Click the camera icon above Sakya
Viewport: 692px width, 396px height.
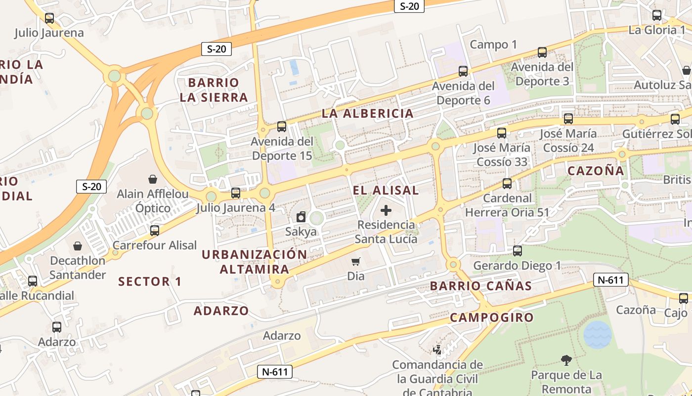click(301, 217)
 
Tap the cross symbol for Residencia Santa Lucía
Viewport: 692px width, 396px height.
click(386, 210)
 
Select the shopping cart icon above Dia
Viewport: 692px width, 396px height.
click(355, 261)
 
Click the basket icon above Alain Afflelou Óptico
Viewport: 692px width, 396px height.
click(153, 179)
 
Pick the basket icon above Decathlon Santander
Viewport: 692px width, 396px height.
click(78, 246)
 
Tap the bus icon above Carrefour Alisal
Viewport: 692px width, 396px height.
click(155, 230)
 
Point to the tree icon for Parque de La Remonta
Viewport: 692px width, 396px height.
click(566, 360)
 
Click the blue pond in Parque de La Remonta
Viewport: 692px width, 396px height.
click(597, 335)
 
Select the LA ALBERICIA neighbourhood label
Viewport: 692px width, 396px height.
click(367, 113)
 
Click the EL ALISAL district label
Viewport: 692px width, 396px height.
click(386, 190)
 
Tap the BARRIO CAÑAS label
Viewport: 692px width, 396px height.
click(480, 286)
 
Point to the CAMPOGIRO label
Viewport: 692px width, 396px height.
click(492, 317)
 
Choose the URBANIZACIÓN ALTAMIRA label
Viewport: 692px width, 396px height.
click(255, 262)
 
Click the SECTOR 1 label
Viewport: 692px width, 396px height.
click(150, 282)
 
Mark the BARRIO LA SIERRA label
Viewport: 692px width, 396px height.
click(214, 90)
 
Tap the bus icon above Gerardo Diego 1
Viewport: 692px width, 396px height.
click(518, 251)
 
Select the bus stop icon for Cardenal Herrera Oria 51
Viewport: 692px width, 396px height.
click(507, 184)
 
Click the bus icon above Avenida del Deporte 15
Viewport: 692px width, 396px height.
click(282, 127)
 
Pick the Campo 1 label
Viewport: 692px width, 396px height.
click(493, 45)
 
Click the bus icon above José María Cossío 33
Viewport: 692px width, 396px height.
click(502, 133)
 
